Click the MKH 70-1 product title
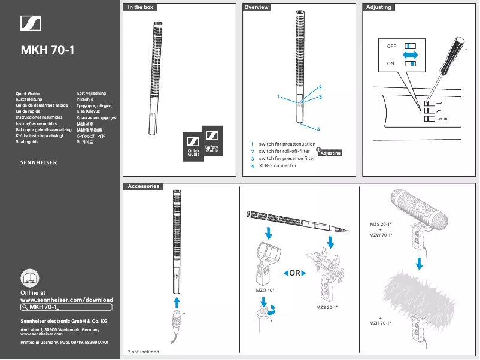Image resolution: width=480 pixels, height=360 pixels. [x=47, y=50]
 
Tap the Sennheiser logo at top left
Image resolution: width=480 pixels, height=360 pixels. [x=31, y=23]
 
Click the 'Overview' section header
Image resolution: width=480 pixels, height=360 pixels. [x=257, y=7]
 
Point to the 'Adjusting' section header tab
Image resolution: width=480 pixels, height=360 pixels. [x=378, y=7]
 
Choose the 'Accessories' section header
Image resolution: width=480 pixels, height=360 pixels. [x=144, y=186]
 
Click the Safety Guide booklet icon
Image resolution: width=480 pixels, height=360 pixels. [x=212, y=141]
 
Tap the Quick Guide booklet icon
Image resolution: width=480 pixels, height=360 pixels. [x=194, y=147]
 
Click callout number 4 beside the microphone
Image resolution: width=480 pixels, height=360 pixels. [x=318, y=129]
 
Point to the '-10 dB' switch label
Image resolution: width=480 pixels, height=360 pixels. [x=442, y=120]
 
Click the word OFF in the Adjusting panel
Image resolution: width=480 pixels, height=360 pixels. [x=391, y=46]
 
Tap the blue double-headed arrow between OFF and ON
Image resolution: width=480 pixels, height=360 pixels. [x=410, y=55]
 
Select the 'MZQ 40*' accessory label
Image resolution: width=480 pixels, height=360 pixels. [x=264, y=290]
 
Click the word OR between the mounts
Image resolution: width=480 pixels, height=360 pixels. [x=295, y=273]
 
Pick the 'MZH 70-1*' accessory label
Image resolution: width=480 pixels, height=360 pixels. [x=381, y=323]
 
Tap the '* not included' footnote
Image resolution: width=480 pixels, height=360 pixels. [x=144, y=352]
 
